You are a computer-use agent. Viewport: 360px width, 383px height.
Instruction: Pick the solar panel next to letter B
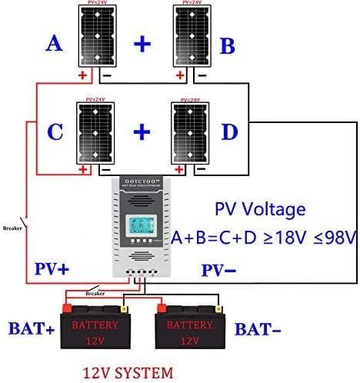[191, 37]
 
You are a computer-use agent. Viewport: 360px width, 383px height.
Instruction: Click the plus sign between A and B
[142, 43]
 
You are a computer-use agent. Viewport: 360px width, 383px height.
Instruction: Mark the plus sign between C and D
[142, 132]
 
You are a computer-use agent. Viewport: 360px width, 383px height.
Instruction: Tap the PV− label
[218, 269]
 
